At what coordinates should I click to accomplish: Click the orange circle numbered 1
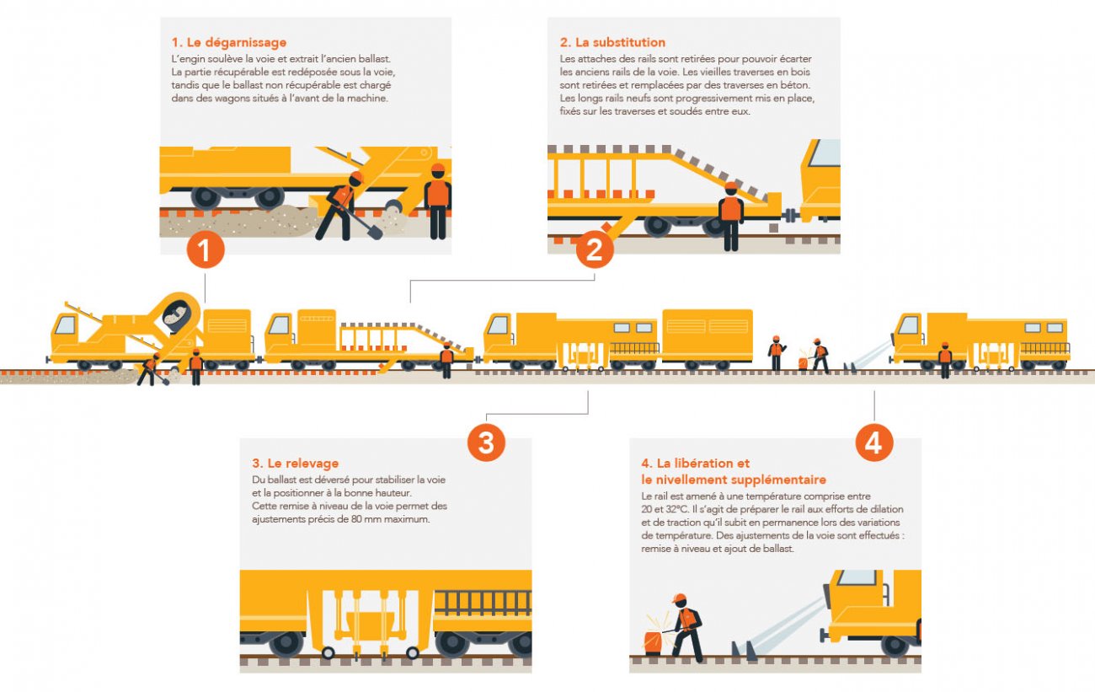click(206, 249)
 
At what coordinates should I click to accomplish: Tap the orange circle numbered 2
click(595, 249)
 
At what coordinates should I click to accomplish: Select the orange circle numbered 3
click(486, 443)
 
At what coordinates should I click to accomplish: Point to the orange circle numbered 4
click(874, 443)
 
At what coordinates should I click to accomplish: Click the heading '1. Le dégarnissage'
click(229, 42)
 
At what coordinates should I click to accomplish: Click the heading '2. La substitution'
click(612, 42)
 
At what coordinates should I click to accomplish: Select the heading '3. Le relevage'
click(296, 463)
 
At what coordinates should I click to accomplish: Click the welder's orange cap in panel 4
click(679, 598)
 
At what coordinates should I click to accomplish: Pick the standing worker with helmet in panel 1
click(437, 201)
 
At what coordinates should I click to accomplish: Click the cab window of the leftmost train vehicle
click(66, 325)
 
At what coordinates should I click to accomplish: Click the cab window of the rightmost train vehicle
click(909, 325)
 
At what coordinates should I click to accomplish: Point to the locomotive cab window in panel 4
click(857, 577)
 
